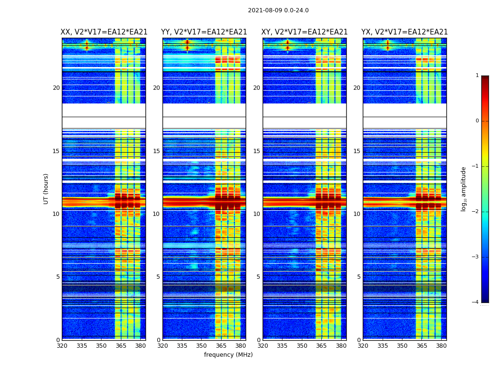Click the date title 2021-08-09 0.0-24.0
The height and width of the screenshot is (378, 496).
point(278,10)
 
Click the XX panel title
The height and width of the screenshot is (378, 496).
point(104,32)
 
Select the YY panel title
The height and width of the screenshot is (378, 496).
point(204,32)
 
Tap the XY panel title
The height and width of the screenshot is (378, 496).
point(305,32)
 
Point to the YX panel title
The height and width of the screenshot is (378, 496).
point(404,32)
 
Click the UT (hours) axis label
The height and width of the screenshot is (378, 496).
point(46,189)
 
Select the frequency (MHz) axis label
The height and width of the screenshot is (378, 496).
point(228,355)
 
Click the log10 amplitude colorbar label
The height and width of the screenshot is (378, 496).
point(464,189)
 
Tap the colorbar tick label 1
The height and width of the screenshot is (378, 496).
point(477,76)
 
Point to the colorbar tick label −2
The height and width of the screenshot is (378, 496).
point(476,212)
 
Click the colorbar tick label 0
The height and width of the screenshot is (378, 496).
point(477,121)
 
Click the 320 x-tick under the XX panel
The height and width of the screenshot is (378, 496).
point(62,346)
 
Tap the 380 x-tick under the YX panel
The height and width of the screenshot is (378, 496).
point(441,346)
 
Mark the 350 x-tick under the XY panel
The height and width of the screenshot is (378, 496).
point(302,346)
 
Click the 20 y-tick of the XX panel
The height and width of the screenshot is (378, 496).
point(56,88)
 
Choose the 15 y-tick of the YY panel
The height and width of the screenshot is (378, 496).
point(156,151)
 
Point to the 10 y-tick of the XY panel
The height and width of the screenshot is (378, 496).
point(257,214)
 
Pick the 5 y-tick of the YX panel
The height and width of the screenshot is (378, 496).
point(359,277)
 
